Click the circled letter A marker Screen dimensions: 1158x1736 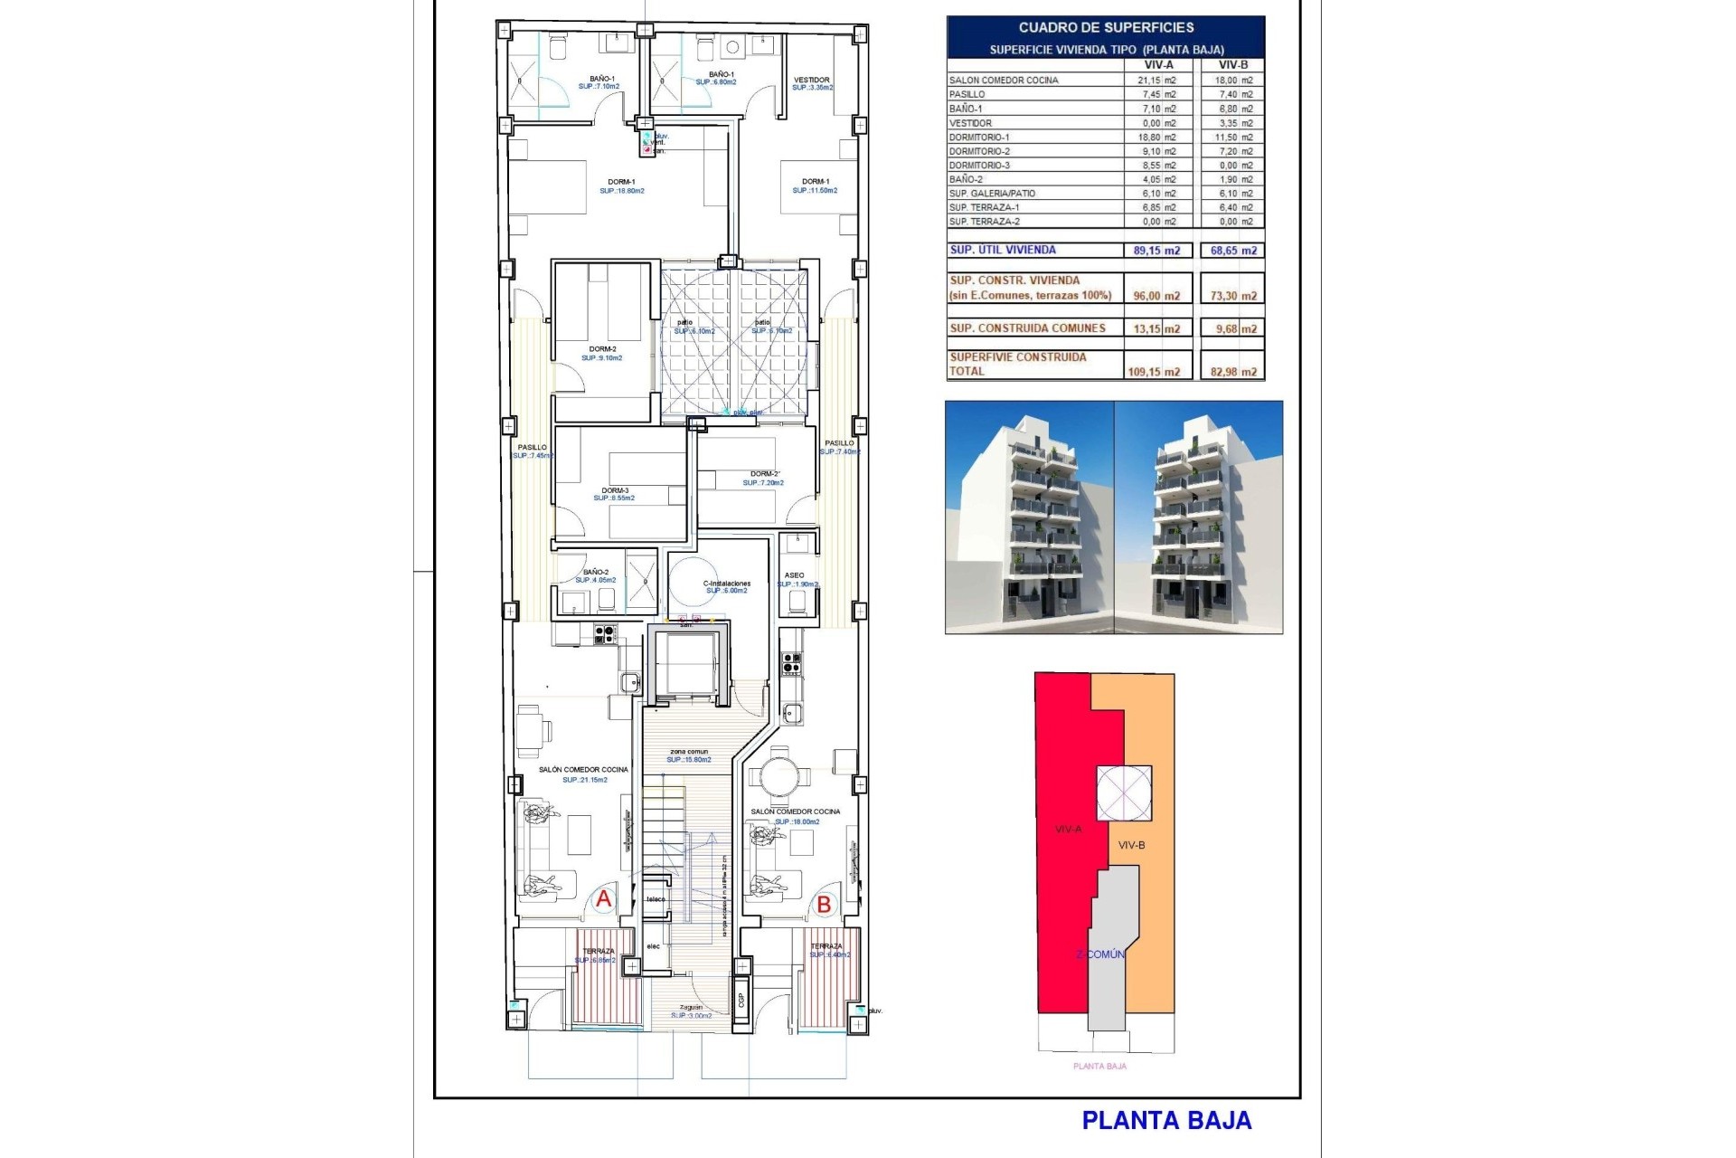[603, 899]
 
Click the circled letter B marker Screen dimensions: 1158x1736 [824, 904]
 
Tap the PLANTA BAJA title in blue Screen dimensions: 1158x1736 [1166, 1121]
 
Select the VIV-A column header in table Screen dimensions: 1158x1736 [1158, 65]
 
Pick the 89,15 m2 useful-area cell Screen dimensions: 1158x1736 [1156, 251]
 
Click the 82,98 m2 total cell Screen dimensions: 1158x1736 [1233, 372]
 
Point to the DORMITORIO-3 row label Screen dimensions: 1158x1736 [979, 166]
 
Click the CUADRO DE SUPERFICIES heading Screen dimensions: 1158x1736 [1106, 28]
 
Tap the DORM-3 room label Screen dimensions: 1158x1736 [615, 490]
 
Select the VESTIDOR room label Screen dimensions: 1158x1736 [811, 80]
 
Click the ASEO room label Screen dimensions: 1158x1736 [794, 575]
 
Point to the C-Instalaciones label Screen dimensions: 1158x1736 [726, 584]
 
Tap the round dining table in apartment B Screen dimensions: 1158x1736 [778, 776]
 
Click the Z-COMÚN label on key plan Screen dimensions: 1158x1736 [1099, 954]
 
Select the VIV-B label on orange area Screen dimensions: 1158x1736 [1131, 845]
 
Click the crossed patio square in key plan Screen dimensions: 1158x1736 [1124, 793]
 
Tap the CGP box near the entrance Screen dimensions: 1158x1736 [741, 1000]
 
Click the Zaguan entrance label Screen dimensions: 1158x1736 [691, 1007]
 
